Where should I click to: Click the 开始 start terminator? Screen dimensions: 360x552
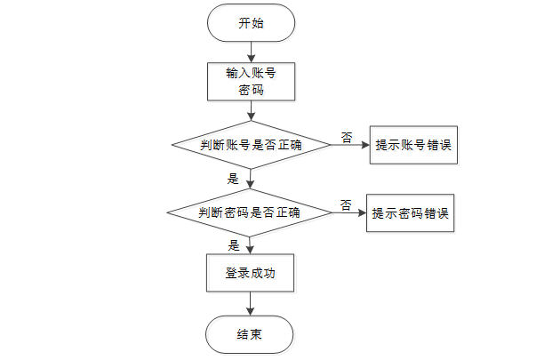pyautogui.click(x=251, y=24)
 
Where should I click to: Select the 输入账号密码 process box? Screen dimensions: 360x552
pyautogui.click(x=251, y=81)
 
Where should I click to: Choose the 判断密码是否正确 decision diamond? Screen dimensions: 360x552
pyautogui.click(x=250, y=212)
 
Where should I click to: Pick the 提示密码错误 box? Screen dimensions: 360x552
pyautogui.click(x=411, y=213)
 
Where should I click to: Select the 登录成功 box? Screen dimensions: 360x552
pyautogui.click(x=250, y=274)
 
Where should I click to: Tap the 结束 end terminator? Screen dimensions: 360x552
pyautogui.click(x=250, y=334)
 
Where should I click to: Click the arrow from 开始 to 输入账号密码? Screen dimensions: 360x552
pyautogui.click(x=251, y=52)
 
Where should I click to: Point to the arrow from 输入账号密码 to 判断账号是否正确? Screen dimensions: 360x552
pyautogui.click(x=251, y=111)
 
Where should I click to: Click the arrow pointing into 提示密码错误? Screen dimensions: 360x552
pyautogui.click(x=348, y=213)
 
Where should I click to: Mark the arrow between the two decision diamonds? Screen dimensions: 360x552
pyautogui.click(x=251, y=179)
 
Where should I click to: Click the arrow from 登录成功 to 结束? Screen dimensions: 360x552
pyautogui.click(x=251, y=304)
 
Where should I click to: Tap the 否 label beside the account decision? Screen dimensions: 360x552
pyautogui.click(x=347, y=137)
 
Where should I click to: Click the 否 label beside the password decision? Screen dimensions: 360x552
pyautogui.click(x=345, y=204)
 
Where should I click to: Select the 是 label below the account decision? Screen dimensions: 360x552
pyautogui.click(x=234, y=179)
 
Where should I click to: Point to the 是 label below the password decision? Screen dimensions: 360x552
pyautogui.click(x=235, y=245)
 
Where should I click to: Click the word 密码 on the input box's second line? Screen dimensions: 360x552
pyautogui.click(x=251, y=90)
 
